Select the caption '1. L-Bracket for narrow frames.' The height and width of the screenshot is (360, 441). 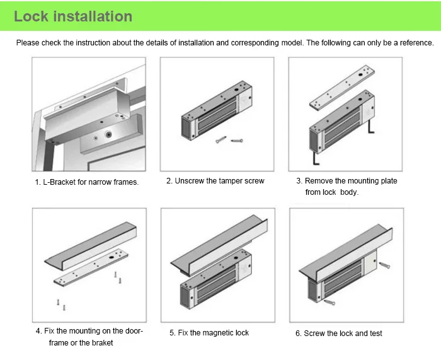87,182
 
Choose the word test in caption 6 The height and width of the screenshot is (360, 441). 375,334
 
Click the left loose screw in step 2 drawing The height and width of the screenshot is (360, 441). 221,139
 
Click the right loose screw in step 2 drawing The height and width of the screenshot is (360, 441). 237,141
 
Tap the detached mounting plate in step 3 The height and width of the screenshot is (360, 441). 342,86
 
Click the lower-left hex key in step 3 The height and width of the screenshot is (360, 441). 316,158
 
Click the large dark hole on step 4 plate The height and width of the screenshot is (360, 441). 112,257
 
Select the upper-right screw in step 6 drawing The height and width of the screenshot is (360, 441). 384,265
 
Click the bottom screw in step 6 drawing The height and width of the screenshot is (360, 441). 329,302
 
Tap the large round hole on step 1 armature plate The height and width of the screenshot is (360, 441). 108,134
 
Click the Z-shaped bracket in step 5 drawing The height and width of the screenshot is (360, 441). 219,243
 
